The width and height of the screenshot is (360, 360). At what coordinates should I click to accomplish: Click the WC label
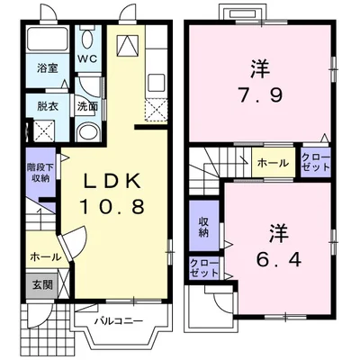coord(86,59)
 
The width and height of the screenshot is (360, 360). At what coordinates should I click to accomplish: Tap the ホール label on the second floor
coord(274,163)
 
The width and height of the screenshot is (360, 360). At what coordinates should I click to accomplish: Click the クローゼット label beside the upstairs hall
coord(316,163)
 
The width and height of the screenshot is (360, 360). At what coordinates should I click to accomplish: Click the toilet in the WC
coord(86,38)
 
